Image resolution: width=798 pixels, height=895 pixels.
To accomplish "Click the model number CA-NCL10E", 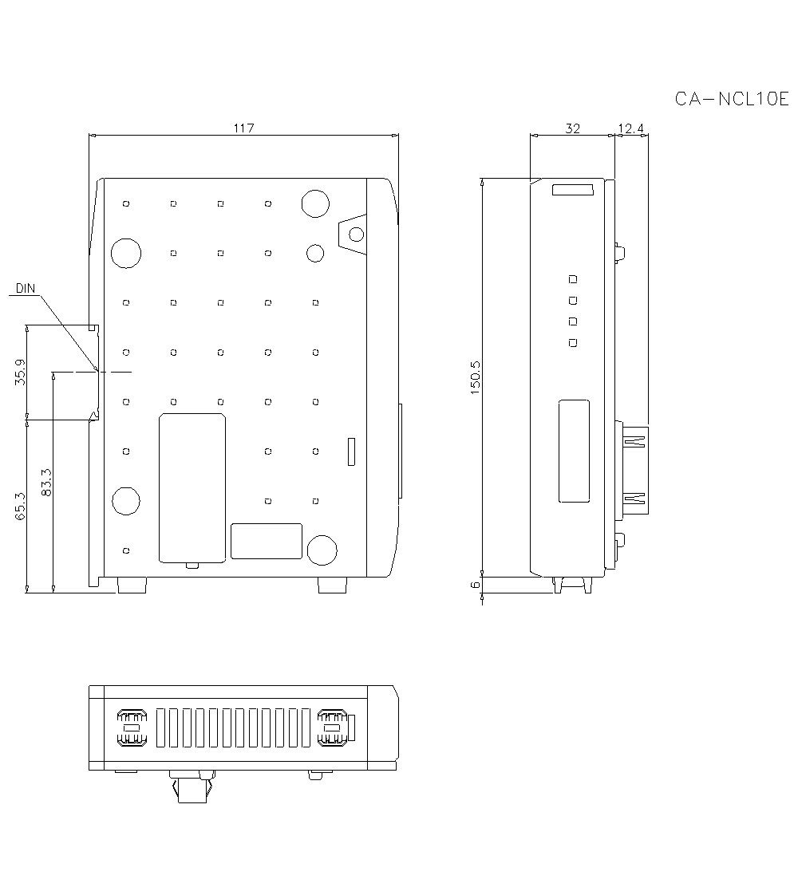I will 731,99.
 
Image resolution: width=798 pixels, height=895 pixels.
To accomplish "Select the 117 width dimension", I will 244,128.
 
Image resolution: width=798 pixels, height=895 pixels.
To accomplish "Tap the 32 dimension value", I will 572,128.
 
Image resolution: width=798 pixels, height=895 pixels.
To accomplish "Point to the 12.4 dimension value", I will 630,128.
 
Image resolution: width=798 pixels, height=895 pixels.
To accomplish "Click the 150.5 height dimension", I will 476,378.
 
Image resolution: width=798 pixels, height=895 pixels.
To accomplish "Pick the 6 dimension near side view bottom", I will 476,585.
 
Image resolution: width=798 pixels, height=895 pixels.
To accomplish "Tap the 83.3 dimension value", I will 46,483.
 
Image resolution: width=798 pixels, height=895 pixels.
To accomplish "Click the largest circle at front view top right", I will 315,203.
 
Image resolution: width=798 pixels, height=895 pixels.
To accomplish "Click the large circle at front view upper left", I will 126,253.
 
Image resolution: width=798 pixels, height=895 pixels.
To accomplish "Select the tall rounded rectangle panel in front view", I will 192,487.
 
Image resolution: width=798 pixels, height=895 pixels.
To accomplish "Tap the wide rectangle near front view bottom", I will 267,541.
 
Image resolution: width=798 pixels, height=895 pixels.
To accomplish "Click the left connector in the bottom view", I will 132,727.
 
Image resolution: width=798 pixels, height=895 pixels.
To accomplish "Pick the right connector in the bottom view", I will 332,727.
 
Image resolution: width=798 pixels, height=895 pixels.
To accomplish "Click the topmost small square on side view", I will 571,279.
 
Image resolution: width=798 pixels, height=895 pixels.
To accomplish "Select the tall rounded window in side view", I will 574,451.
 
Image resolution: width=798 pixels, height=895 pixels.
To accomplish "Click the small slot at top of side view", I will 572,190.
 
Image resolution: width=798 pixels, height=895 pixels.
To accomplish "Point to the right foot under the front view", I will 333,586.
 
